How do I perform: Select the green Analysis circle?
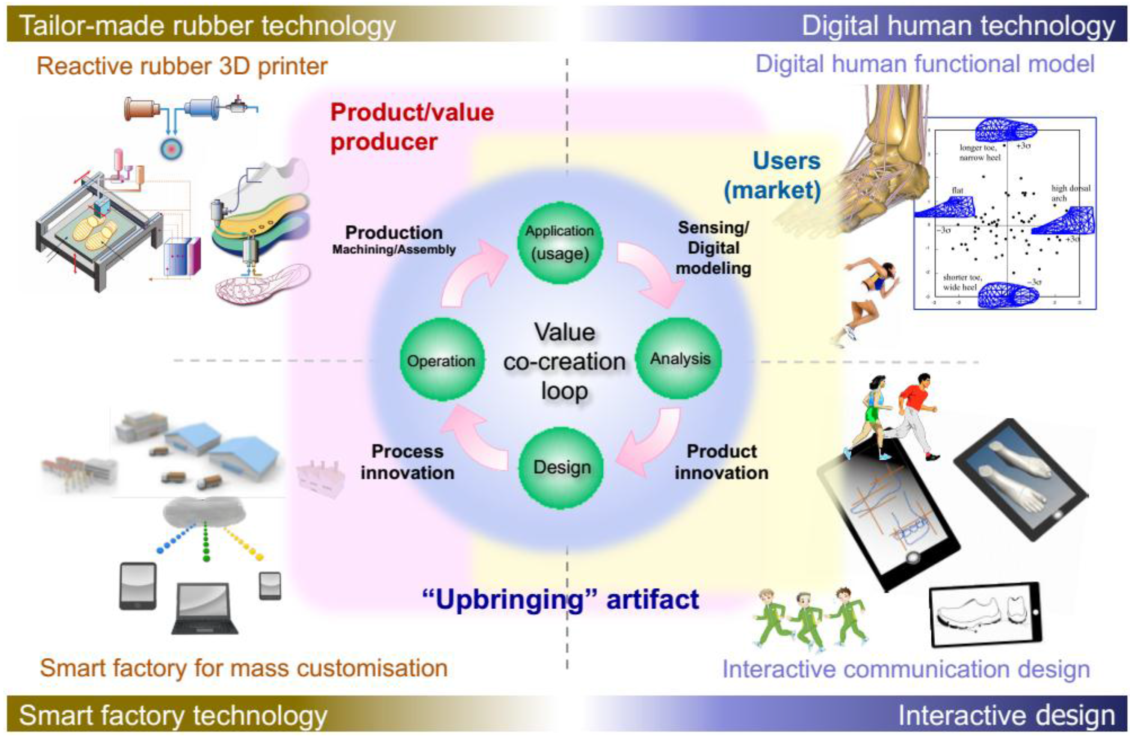tap(680, 359)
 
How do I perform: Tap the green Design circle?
tap(562, 468)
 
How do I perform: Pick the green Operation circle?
tap(441, 360)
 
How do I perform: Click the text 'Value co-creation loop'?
tap(564, 362)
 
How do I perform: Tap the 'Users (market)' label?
tap(773, 176)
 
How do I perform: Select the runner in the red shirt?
tap(914, 413)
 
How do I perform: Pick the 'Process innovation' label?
tap(407, 462)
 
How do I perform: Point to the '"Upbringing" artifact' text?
tap(560, 599)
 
